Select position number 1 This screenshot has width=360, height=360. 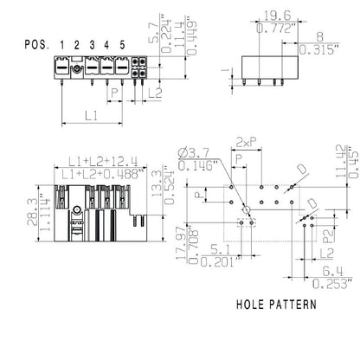62,44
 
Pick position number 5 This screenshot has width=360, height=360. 122,44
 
